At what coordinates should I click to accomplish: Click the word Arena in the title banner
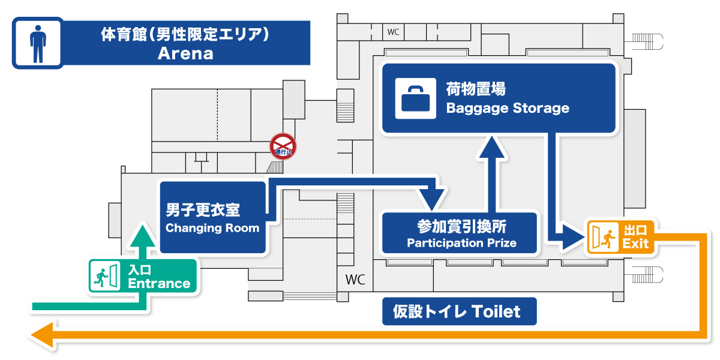coord(185,53)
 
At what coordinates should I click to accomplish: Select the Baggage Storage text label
coord(507,109)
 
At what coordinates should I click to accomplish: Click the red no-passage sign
coord(283,146)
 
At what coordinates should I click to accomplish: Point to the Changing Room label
coord(212,228)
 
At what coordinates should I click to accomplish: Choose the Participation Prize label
coord(461,243)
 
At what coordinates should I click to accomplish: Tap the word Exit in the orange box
coord(635,244)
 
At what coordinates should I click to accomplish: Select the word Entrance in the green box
coord(159,283)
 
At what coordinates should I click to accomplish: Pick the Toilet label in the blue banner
coord(496,311)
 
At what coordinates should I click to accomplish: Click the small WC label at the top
coord(393,32)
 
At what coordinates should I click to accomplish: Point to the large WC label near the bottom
coord(355,280)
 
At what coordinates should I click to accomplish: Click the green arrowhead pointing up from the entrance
coord(143,233)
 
